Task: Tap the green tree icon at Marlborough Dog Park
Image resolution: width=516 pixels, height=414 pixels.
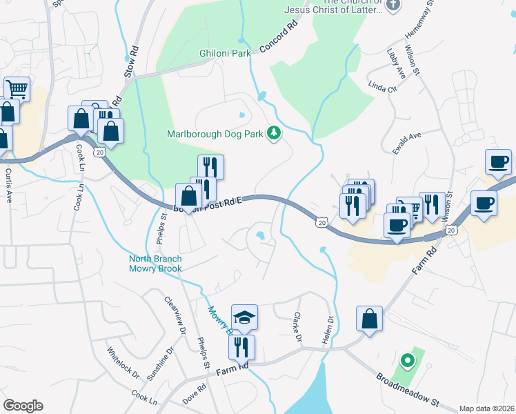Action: (x=274, y=133)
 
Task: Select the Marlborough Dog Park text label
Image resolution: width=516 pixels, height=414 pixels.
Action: (x=215, y=134)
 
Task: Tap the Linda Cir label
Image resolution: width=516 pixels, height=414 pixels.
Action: (x=384, y=88)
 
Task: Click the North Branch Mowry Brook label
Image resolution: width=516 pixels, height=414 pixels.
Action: (x=155, y=264)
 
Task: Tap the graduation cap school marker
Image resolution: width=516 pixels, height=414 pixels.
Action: (x=244, y=317)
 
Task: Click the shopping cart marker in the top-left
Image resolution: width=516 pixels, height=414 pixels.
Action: (x=17, y=88)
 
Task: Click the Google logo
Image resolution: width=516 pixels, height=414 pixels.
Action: (x=23, y=406)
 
